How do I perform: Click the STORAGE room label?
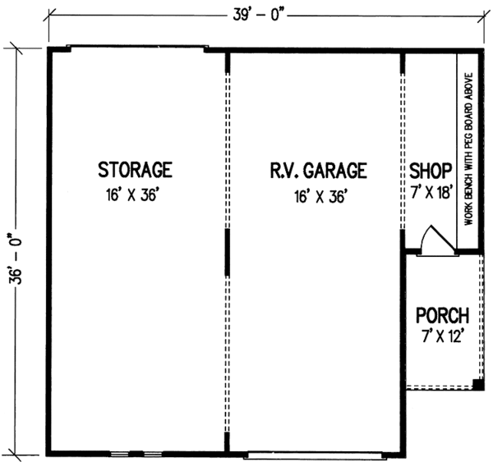(x=135, y=171)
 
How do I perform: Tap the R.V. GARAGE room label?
(x=316, y=171)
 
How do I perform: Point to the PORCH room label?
(x=442, y=315)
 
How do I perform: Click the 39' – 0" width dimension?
(x=259, y=12)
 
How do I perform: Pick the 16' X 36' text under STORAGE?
(x=135, y=196)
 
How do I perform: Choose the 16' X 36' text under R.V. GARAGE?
(x=316, y=196)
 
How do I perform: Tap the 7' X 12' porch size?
(x=442, y=337)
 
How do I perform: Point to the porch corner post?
(x=478, y=383)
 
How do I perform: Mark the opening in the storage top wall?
(x=135, y=47)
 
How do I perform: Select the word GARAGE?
(x=334, y=171)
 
